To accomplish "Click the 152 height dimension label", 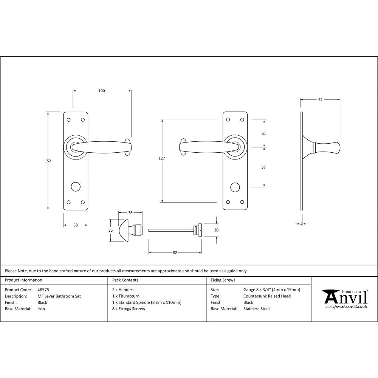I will point(48,161).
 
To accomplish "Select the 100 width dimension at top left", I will point(102,91).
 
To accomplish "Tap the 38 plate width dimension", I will point(75,225).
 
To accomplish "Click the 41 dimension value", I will point(264,133).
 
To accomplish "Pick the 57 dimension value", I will point(264,167).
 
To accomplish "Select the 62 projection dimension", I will point(320,100).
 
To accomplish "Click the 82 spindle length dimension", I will point(175,253).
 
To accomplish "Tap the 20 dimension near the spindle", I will point(217,229).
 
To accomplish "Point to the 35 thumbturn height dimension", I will point(110,230).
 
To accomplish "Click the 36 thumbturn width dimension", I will point(130,213).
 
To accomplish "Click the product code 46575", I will point(43,290).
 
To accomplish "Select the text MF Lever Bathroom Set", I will point(59,296).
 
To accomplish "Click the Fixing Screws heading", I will point(223,280).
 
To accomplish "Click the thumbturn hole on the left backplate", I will point(76,187).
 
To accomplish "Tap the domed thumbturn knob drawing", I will point(125,230).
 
